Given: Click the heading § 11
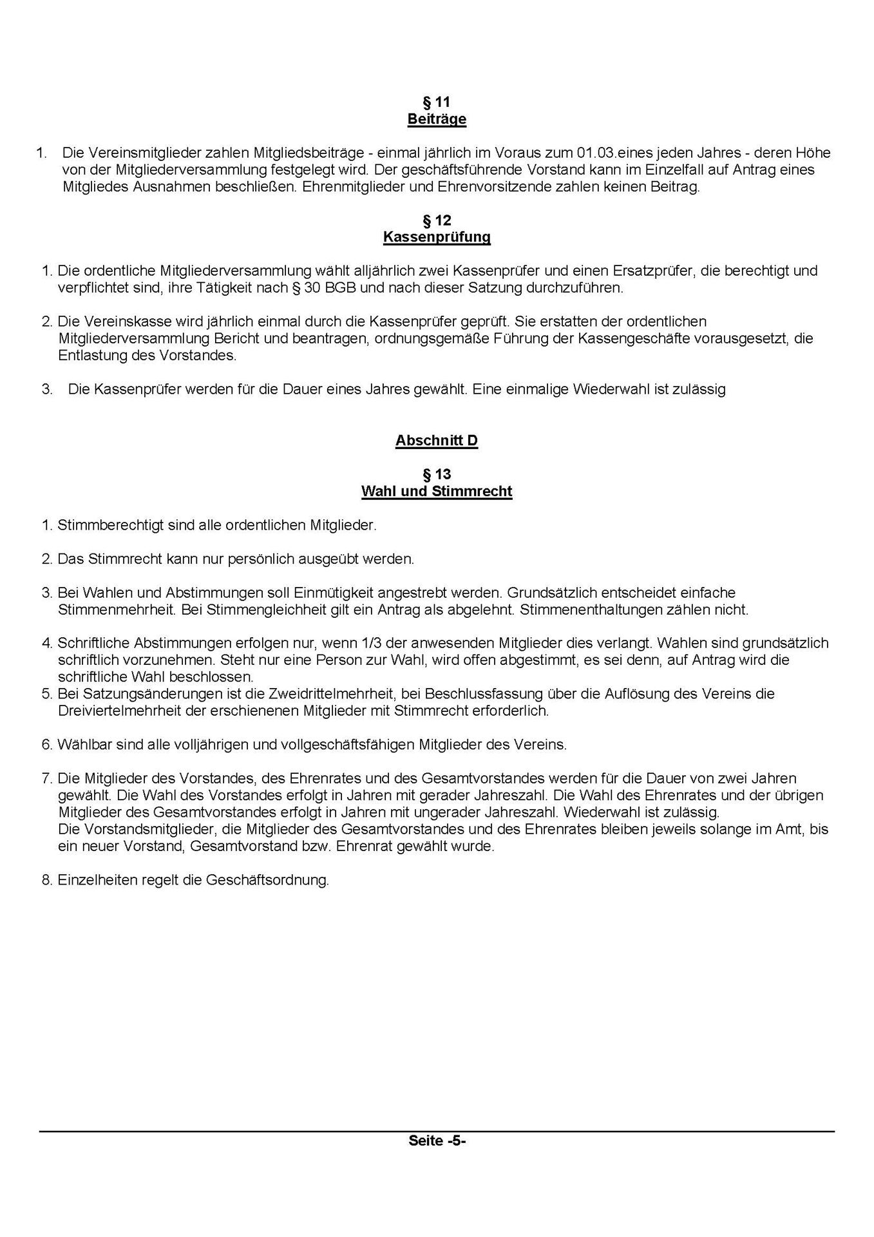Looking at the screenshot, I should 436,102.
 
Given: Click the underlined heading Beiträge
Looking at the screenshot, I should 436,119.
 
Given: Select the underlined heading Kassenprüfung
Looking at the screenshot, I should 436,237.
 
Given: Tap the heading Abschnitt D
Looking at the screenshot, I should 436,441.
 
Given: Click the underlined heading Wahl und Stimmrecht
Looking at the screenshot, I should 436,492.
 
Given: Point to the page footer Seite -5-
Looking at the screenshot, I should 436,1140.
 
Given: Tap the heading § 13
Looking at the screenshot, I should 436,475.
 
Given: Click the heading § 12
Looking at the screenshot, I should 436,220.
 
